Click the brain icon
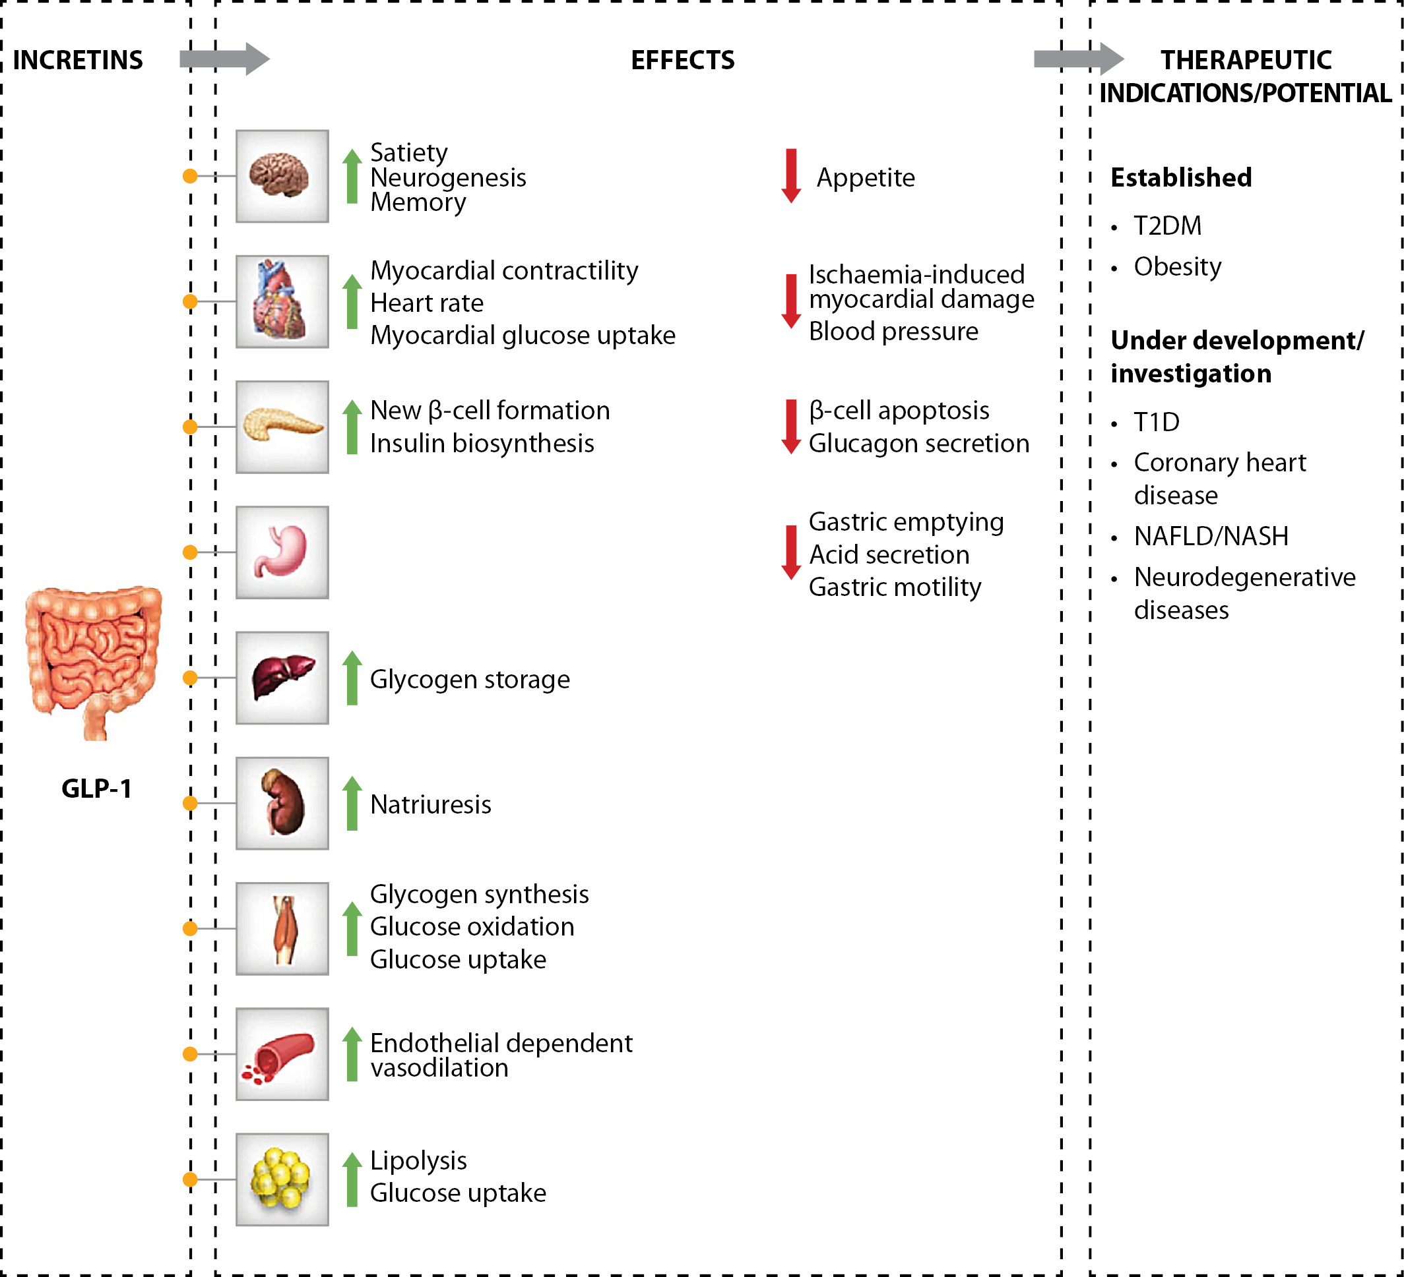(281, 176)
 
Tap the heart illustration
(281, 301)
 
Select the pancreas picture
(281, 427)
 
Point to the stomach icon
(281, 552)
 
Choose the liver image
(281, 678)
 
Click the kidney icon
(281, 803)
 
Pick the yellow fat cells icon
(281, 1179)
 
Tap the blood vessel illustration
(281, 1054)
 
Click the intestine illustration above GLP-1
(93, 661)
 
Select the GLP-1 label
(96, 788)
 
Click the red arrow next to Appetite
(790, 175)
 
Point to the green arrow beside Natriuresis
(352, 803)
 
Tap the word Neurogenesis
(448, 177)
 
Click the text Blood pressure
(893, 331)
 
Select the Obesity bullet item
(1177, 266)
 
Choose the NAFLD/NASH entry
(1211, 536)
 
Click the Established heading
(1180, 177)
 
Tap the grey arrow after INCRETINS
(224, 59)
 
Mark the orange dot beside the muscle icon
(190, 928)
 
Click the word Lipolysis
(418, 1160)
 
